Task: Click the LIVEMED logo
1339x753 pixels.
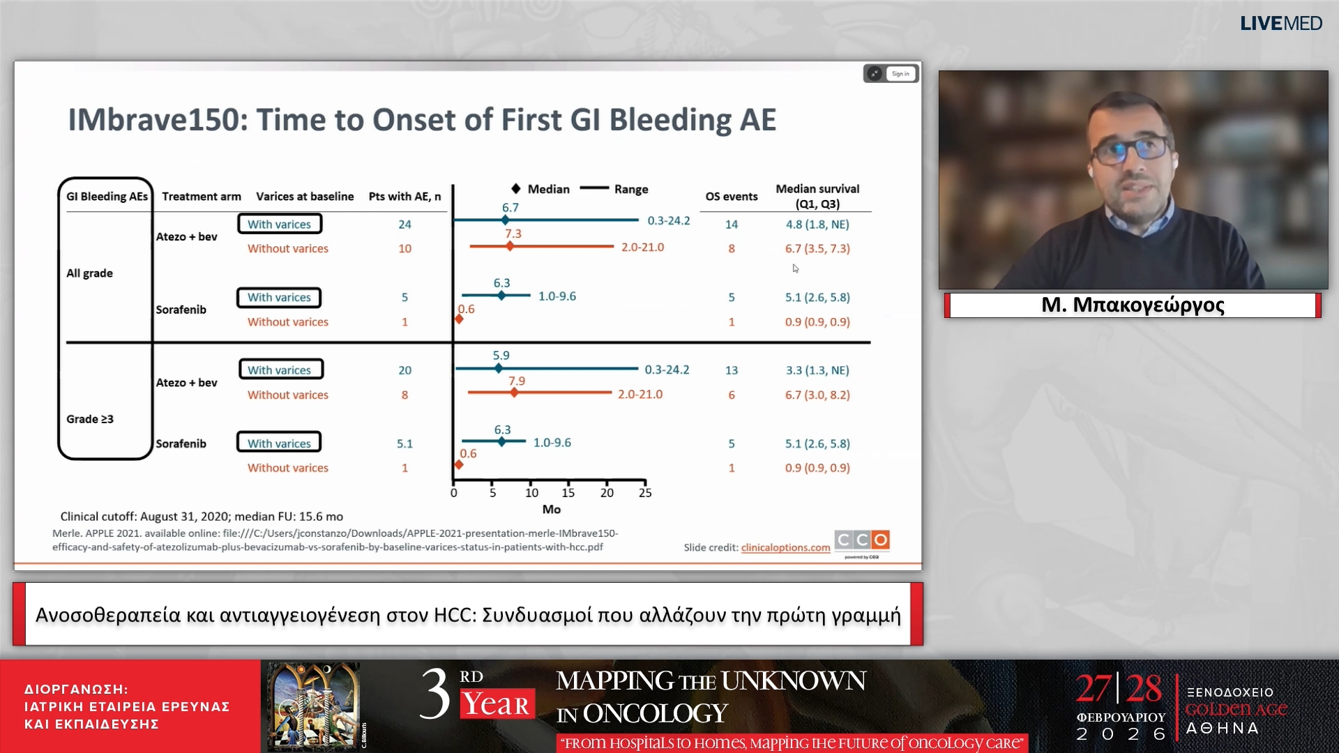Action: click(x=1280, y=23)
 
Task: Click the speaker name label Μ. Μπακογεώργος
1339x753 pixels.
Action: click(x=1133, y=305)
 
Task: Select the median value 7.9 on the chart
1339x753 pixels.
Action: click(x=517, y=381)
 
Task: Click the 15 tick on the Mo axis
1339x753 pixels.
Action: click(x=568, y=493)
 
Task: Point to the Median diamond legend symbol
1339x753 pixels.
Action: click(x=515, y=189)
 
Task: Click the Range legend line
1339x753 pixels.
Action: click(x=595, y=188)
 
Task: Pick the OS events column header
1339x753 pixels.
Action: click(x=732, y=197)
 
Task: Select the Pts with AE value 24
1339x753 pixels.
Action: click(x=404, y=225)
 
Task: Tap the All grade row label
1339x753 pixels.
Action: click(x=89, y=273)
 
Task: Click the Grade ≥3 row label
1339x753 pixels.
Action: click(x=90, y=419)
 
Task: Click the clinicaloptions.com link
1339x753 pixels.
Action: click(x=785, y=547)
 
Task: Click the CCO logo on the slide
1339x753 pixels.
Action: click(x=862, y=540)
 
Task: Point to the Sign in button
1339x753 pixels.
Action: click(x=900, y=74)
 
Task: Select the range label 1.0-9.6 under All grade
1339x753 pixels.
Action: click(x=557, y=296)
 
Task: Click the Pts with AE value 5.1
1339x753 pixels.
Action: click(x=404, y=443)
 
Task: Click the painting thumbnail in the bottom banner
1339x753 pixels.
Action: click(x=314, y=706)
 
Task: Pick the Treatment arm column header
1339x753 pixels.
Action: click(x=202, y=197)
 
